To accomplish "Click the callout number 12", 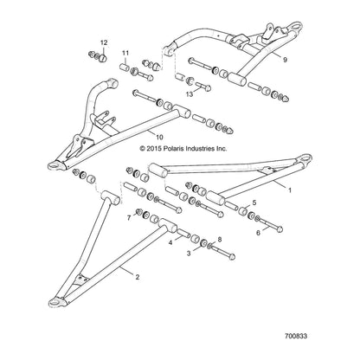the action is tap(104, 42).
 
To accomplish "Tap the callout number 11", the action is tap(125, 53).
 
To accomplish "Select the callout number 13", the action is tap(190, 94).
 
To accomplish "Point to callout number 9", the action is tap(285, 60).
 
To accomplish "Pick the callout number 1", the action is tap(290, 190).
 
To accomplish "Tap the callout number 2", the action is tap(138, 277).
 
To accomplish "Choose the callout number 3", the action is tap(189, 254).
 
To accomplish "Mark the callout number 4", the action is tap(170, 243).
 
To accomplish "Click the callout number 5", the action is tap(254, 202).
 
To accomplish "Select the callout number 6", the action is tap(258, 232).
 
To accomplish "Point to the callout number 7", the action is tap(129, 218).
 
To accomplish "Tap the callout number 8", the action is tap(220, 239).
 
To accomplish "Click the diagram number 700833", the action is tap(296, 336).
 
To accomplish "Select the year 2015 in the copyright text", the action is tap(154, 149).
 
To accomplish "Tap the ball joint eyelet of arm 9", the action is tap(296, 26).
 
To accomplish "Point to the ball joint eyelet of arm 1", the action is tap(305, 158).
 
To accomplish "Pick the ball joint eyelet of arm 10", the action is tap(54, 165).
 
